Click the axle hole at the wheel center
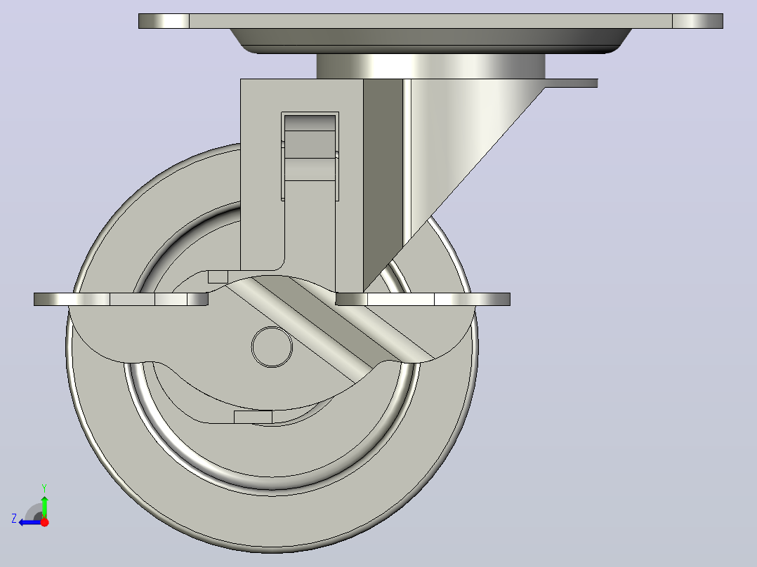[x=272, y=347]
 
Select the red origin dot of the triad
[x=44, y=521]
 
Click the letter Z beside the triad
[x=14, y=519]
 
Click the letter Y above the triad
[x=44, y=488]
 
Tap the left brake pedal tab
[x=121, y=299]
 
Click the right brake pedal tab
[x=423, y=299]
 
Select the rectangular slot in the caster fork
[x=310, y=156]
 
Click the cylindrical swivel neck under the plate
[x=430, y=66]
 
